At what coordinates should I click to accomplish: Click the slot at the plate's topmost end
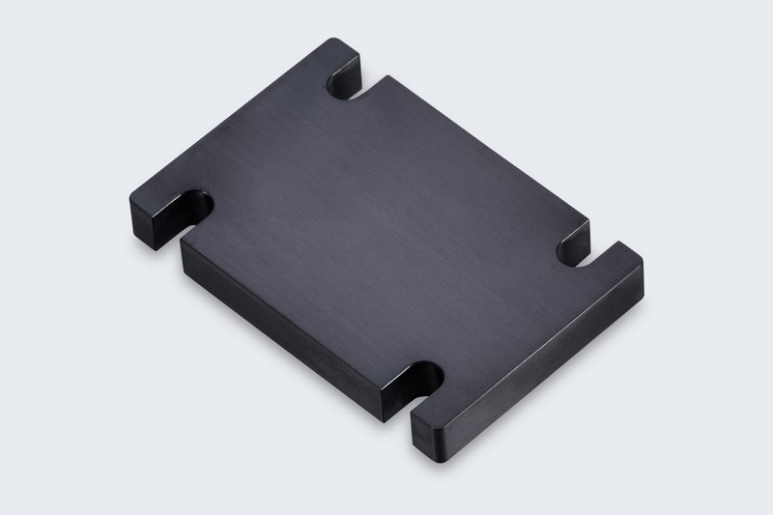(x=344, y=80)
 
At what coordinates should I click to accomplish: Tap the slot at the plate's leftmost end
(x=196, y=207)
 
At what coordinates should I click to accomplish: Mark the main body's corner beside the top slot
(x=386, y=77)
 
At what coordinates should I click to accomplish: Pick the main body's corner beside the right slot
(x=587, y=224)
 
